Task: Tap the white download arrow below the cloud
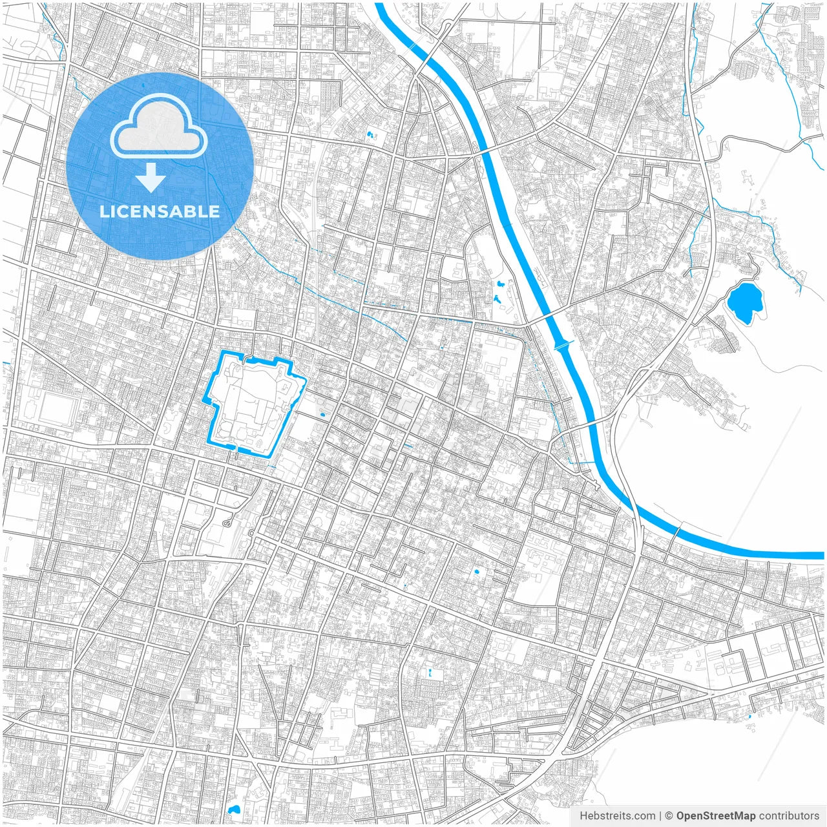(x=151, y=177)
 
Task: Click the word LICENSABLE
(x=159, y=211)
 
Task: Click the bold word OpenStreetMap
(x=715, y=816)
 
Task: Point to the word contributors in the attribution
(x=789, y=816)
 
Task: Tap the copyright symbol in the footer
(x=669, y=816)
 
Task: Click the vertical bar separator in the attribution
(x=660, y=816)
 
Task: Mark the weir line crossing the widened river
(x=563, y=346)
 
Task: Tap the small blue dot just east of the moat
(x=322, y=414)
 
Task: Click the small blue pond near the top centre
(x=371, y=136)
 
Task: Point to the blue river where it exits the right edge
(x=819, y=555)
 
